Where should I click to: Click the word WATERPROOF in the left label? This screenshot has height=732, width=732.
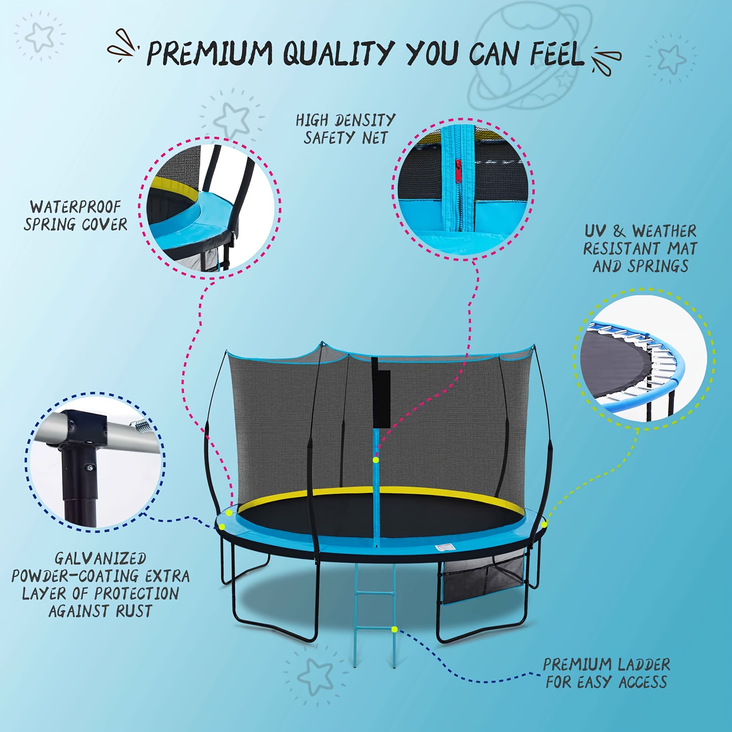pos(75,207)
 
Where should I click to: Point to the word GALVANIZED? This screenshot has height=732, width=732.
pos(100,559)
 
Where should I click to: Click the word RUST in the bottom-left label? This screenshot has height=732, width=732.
pos(134,611)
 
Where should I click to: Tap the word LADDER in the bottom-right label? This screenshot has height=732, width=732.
pos(644,665)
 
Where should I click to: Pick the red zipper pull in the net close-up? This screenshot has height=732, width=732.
pos(458,171)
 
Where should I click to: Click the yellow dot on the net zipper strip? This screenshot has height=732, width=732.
pos(375,460)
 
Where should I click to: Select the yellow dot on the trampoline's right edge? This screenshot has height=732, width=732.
pos(544,524)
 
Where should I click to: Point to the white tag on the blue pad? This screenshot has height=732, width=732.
pos(445,547)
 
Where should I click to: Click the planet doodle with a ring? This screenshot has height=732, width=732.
pos(530,57)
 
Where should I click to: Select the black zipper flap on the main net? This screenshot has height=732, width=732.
pos(381,394)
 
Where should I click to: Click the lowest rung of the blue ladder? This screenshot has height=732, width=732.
pos(374,627)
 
